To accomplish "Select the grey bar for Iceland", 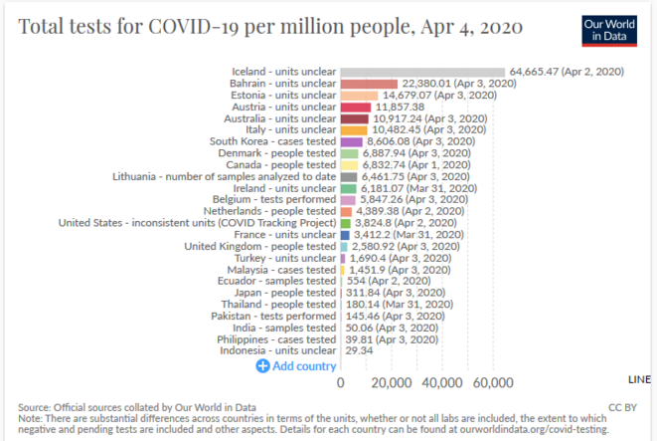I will [423, 72].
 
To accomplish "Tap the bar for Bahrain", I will [370, 84].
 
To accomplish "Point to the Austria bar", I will [356, 108].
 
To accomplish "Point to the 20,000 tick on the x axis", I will [391, 383].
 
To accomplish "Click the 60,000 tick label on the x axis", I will [492, 383].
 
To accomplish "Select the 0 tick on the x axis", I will [341, 383].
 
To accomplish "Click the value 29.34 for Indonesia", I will [359, 350].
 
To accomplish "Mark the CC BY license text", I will [623, 406].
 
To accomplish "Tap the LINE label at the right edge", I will [641, 380].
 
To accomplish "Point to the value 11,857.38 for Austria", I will [402, 108].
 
